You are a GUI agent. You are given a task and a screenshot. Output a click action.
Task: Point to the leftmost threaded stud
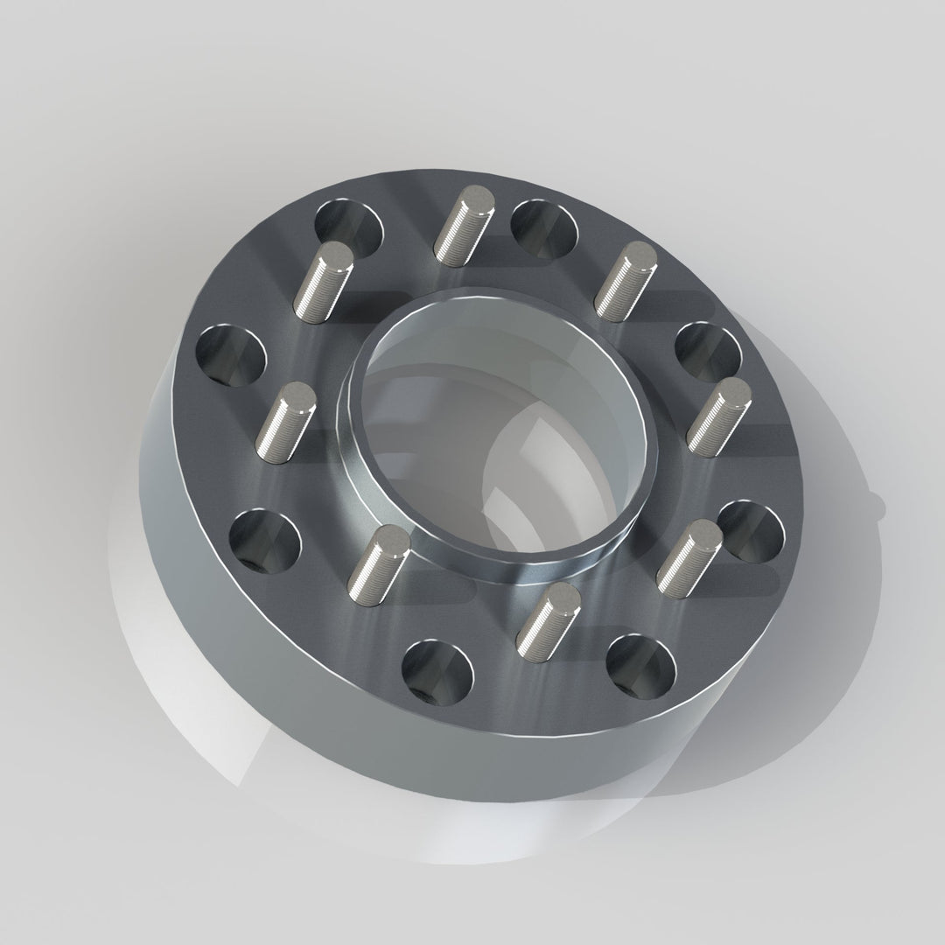(285, 421)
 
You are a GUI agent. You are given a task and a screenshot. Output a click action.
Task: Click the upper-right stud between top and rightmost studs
(625, 280)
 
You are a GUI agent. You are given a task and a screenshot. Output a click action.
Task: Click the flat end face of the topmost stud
(479, 198)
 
